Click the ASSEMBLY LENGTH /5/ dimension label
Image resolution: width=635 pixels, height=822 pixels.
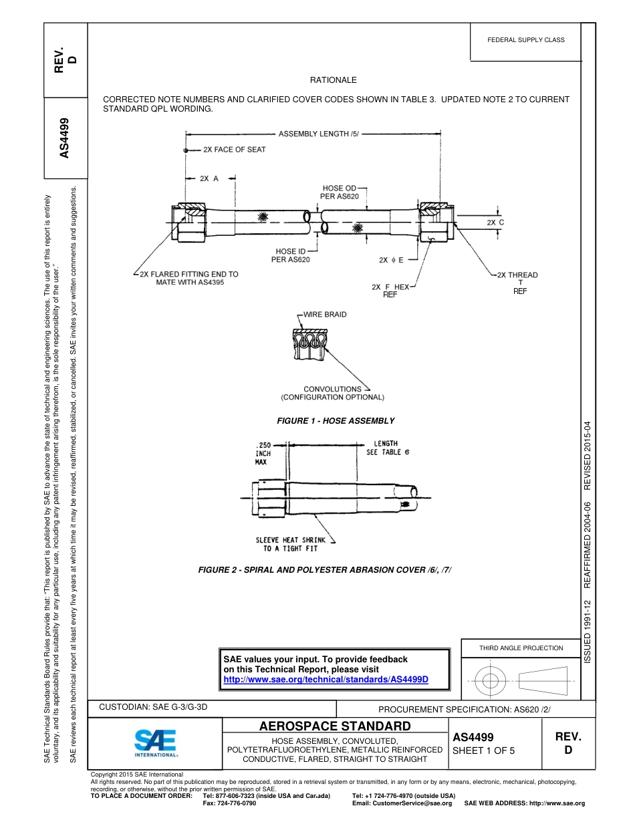(x=319, y=134)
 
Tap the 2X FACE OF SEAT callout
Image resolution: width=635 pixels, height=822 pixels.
(x=234, y=150)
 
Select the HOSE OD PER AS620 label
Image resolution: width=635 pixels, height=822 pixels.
(x=340, y=192)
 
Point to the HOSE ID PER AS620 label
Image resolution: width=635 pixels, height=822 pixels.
(x=291, y=255)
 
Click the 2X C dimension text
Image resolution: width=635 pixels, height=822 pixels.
(x=495, y=222)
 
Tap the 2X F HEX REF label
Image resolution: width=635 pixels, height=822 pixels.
(x=391, y=290)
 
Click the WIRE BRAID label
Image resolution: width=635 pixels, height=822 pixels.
(x=325, y=314)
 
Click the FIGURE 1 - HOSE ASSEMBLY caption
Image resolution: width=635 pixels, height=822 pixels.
(x=336, y=421)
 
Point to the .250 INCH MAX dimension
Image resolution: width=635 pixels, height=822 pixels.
(x=263, y=452)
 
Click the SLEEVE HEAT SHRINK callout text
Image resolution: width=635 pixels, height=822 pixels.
(x=290, y=544)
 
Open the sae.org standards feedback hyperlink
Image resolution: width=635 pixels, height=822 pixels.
(x=326, y=679)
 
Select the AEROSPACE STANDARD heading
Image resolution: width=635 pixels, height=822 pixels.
(x=334, y=726)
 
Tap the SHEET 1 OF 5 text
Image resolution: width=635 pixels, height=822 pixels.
(x=483, y=750)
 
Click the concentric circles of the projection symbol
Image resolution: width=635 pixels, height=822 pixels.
(x=491, y=681)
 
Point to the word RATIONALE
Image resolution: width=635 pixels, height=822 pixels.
(x=333, y=80)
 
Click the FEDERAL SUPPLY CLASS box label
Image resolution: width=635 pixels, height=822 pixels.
(x=525, y=40)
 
